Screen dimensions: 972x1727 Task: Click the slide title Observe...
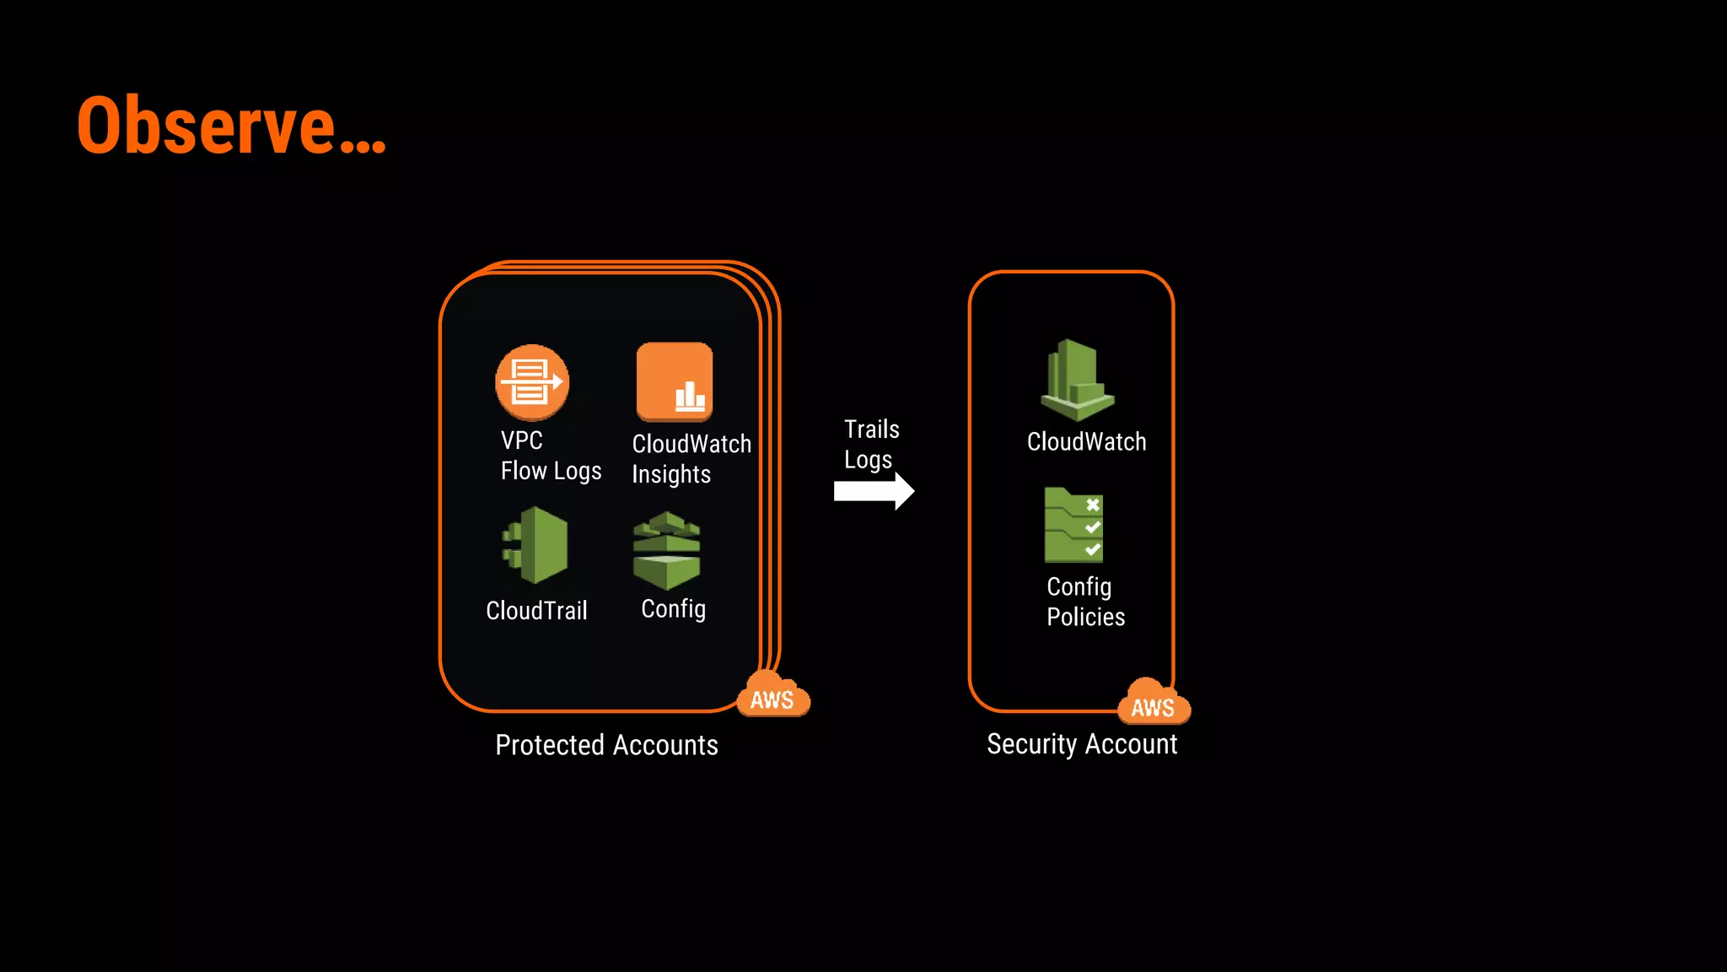point(230,126)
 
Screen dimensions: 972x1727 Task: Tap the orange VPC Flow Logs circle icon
point(532,382)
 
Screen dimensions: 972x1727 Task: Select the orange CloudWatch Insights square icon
point(675,381)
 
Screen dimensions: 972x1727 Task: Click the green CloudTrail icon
point(536,545)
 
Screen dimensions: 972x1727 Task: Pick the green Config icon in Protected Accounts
point(666,550)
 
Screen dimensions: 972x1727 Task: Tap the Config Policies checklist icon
point(1073,525)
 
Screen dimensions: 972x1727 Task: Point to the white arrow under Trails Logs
point(874,491)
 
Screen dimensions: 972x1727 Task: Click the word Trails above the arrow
point(871,429)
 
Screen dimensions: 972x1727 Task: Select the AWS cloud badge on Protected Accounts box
point(772,696)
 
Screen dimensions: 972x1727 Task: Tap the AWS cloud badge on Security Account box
point(1153,704)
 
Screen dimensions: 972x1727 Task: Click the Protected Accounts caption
point(606,745)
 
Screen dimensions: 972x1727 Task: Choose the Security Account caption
point(1082,744)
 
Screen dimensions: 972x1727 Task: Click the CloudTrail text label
point(536,610)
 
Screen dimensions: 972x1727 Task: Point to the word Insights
point(671,474)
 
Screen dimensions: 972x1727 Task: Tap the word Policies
point(1085,617)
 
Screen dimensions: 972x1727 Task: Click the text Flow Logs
point(551,471)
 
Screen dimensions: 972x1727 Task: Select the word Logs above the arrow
point(868,461)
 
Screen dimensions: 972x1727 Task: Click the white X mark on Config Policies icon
point(1093,505)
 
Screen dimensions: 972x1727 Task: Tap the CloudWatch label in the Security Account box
point(1086,441)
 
